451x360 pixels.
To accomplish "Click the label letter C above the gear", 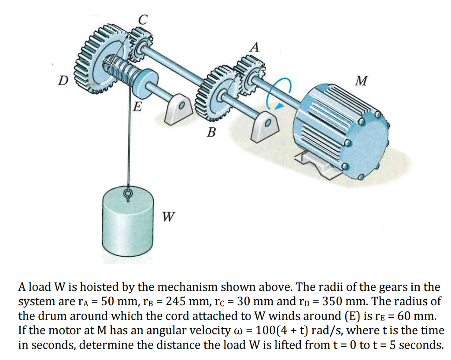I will tap(142, 19).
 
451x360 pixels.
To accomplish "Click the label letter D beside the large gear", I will tap(64, 81).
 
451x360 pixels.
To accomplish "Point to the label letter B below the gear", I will tap(212, 132).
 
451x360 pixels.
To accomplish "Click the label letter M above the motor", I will tap(362, 81).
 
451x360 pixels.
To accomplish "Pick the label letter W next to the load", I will tap(168, 217).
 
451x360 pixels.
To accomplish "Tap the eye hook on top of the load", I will tap(128, 194).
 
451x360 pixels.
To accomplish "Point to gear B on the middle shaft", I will tap(214, 95).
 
